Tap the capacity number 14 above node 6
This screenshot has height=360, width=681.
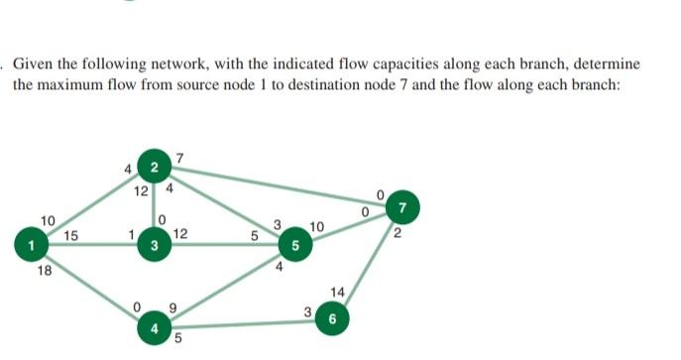coord(340,293)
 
